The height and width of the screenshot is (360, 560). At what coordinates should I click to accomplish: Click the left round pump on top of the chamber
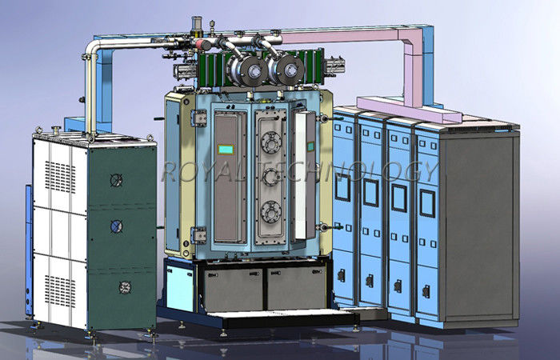[x=247, y=70]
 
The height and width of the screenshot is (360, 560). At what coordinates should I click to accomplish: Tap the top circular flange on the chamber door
[x=271, y=142]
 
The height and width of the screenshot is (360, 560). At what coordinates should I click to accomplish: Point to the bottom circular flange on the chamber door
[x=271, y=211]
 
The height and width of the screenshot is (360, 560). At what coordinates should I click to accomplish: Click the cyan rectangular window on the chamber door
[x=226, y=150]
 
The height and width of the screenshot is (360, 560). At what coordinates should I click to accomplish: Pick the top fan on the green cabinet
[x=116, y=180]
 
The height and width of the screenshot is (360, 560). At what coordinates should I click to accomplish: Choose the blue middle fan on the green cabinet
[x=117, y=226]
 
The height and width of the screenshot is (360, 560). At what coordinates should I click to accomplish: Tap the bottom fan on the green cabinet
[x=125, y=287]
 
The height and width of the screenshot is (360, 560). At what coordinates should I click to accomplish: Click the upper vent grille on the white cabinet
[x=60, y=177]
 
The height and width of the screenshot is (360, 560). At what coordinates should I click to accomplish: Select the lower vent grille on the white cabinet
[x=60, y=290]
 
